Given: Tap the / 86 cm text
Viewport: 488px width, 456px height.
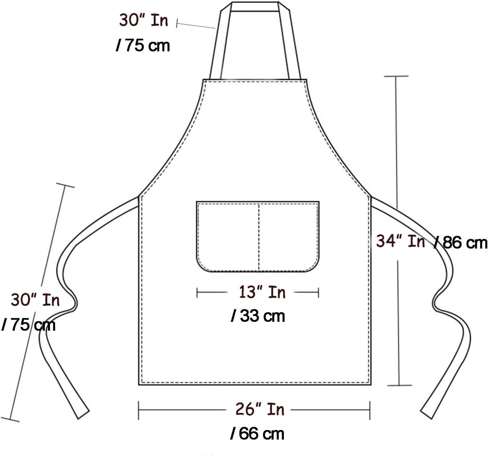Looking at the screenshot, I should (461, 242).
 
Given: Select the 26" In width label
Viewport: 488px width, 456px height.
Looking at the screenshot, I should (260, 409).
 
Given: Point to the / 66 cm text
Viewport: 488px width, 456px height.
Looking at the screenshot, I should (257, 434).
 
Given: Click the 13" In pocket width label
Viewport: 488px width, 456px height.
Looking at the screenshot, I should (262, 292).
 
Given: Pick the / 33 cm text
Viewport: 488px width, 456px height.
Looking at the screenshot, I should (258, 316).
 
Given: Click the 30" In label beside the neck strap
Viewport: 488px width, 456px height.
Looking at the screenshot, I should (143, 20).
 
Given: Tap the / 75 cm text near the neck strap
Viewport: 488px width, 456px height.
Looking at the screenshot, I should (143, 45).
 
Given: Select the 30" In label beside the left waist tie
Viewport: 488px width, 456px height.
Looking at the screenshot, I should (35, 300).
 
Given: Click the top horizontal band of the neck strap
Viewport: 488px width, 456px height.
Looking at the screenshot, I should (255, 7).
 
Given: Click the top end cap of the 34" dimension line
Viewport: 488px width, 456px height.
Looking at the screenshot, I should (396, 76).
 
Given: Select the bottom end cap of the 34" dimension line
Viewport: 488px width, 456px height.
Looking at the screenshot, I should (399, 385).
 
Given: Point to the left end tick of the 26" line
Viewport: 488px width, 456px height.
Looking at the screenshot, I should (139, 410).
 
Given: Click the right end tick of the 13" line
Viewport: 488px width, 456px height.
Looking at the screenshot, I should (318, 293).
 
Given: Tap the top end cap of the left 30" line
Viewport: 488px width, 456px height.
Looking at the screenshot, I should (65, 185).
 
